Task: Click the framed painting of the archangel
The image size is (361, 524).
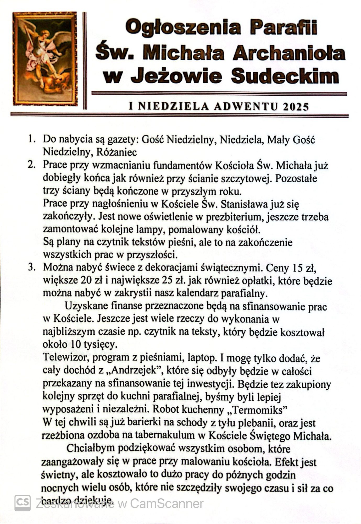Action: point(45,58)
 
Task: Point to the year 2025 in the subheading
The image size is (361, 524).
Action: point(296,107)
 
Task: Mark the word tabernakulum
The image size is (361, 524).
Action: point(165,435)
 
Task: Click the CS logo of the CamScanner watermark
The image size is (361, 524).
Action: point(22,503)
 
